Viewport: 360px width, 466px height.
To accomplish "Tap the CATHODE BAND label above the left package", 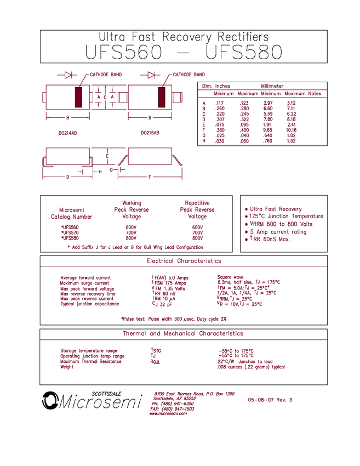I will [106, 74].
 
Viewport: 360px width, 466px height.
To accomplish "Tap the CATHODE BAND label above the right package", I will [189, 74].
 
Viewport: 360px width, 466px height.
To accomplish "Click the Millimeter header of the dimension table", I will [272, 86].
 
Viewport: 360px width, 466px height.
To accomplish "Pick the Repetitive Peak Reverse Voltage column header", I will [199, 209].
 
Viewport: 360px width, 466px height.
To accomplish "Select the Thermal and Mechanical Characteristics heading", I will [183, 333].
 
